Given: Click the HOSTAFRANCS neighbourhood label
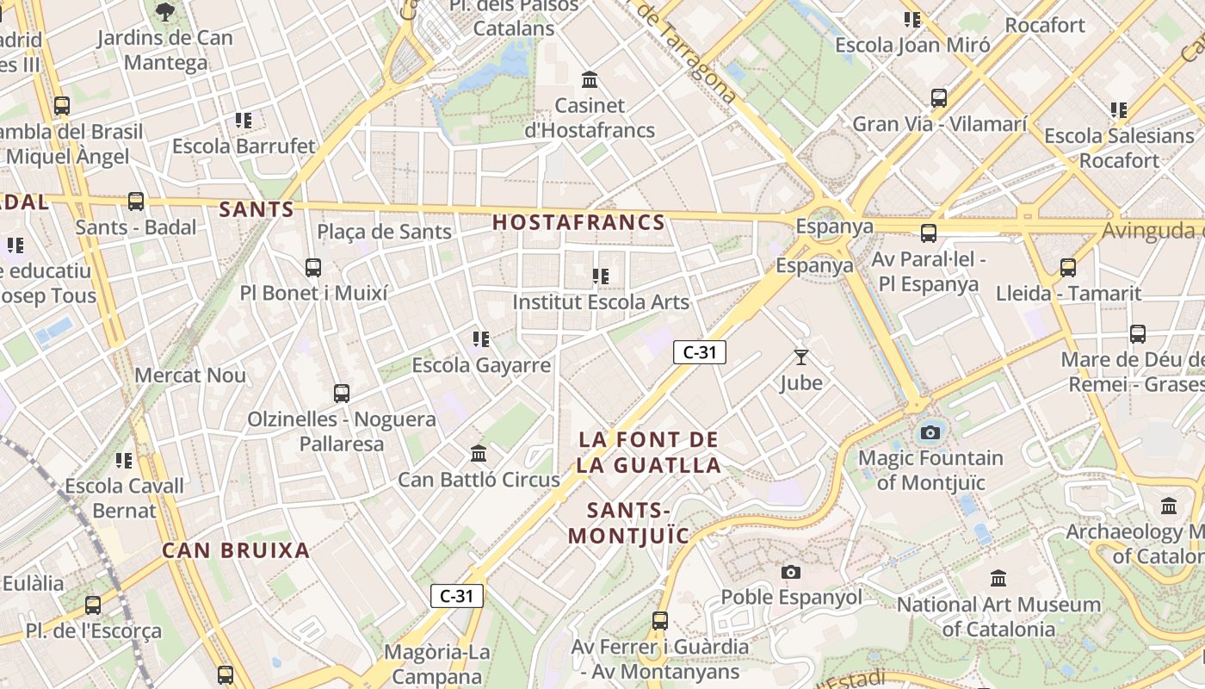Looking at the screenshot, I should click(578, 222).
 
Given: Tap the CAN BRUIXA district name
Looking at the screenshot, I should click(236, 550).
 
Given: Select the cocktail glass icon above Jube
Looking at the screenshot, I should click(801, 357).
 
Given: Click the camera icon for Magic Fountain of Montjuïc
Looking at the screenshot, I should click(930, 432).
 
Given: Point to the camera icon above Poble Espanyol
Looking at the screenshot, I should click(790, 572).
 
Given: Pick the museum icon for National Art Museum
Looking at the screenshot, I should click(998, 578).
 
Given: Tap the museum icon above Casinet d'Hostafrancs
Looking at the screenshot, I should click(590, 80).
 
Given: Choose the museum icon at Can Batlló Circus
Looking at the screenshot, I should click(479, 453).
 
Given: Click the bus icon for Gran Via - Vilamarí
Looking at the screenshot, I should click(939, 98).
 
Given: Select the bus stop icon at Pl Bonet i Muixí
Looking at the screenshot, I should click(313, 267).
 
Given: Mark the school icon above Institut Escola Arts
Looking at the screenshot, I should click(601, 276).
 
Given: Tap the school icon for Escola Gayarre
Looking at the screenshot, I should click(481, 339).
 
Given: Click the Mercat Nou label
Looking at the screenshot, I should click(190, 376).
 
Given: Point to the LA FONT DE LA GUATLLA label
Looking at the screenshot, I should click(649, 452).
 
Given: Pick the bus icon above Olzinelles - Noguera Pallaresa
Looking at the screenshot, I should click(342, 394).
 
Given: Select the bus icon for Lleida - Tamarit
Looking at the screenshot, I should click(1068, 268).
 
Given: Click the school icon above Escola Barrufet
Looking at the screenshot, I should click(244, 120).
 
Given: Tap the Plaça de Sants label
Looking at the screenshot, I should click(384, 232).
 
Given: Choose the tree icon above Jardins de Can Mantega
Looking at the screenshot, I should click(164, 12).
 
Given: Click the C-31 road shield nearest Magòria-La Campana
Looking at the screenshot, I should click(456, 595).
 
